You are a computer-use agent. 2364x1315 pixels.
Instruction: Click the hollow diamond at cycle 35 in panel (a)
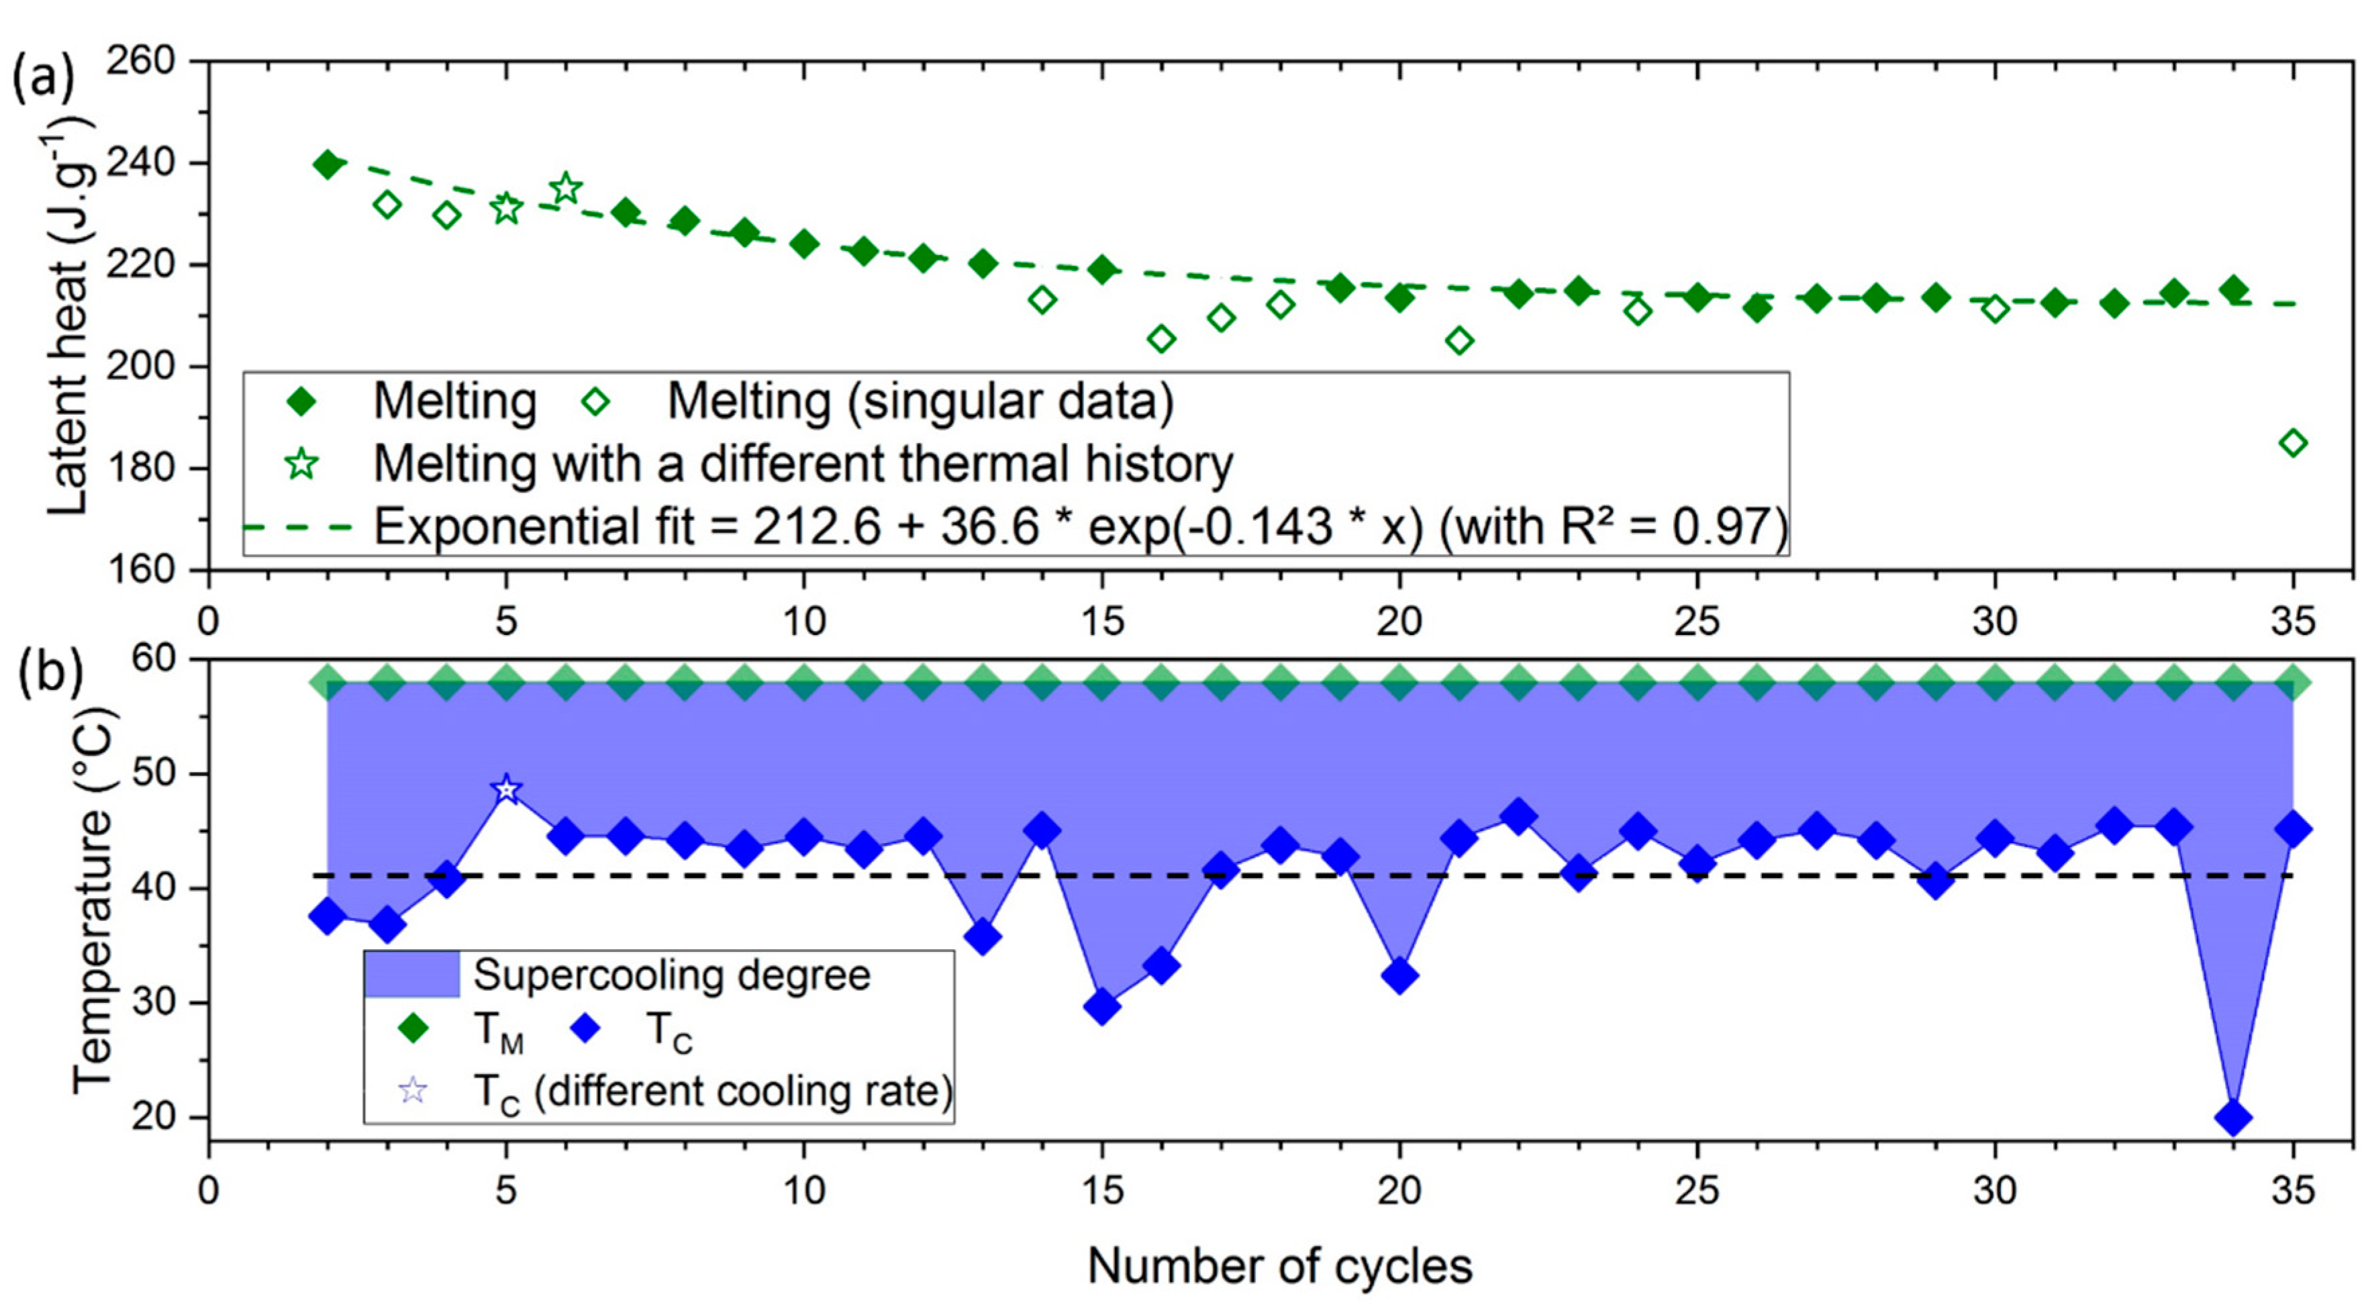[2292, 443]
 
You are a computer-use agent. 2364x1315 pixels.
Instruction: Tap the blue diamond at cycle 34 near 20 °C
[2232, 1118]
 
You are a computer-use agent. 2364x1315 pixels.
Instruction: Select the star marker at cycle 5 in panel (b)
[505, 789]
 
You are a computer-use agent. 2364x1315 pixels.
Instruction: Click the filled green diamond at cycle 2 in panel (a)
[328, 165]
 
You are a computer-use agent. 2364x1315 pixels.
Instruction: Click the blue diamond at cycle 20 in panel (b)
[1399, 975]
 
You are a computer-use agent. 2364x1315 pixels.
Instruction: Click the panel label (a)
[42, 78]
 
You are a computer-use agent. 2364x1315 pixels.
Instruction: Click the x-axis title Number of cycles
[1279, 1267]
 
